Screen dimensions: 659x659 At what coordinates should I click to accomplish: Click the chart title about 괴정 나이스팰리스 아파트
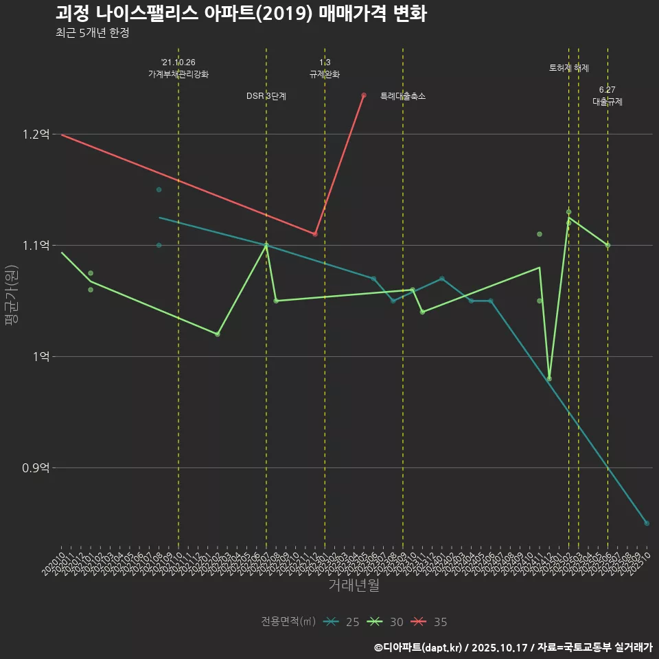[241, 14]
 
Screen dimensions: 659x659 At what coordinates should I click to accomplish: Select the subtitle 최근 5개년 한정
[92, 33]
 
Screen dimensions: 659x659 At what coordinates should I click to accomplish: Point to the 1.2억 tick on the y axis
[36, 135]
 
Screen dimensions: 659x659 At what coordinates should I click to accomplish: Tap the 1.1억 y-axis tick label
[36, 246]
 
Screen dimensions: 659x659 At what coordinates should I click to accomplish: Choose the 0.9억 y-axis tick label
[36, 468]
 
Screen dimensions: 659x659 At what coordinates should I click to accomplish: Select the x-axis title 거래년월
[354, 586]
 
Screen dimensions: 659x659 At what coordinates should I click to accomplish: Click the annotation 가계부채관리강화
[178, 74]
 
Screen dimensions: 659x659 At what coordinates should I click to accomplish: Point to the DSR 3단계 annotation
[266, 97]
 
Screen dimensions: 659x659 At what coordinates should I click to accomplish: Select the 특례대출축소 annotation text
[403, 97]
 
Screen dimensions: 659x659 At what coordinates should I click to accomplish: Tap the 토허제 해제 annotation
[569, 68]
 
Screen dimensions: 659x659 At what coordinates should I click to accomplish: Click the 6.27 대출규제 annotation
[608, 96]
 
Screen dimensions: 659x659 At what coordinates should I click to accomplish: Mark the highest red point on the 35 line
[364, 95]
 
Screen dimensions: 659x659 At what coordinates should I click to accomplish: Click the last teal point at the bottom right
[647, 523]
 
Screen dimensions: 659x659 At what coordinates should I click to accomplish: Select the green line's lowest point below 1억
[549, 379]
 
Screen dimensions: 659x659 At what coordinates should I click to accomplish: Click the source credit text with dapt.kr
[513, 647]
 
